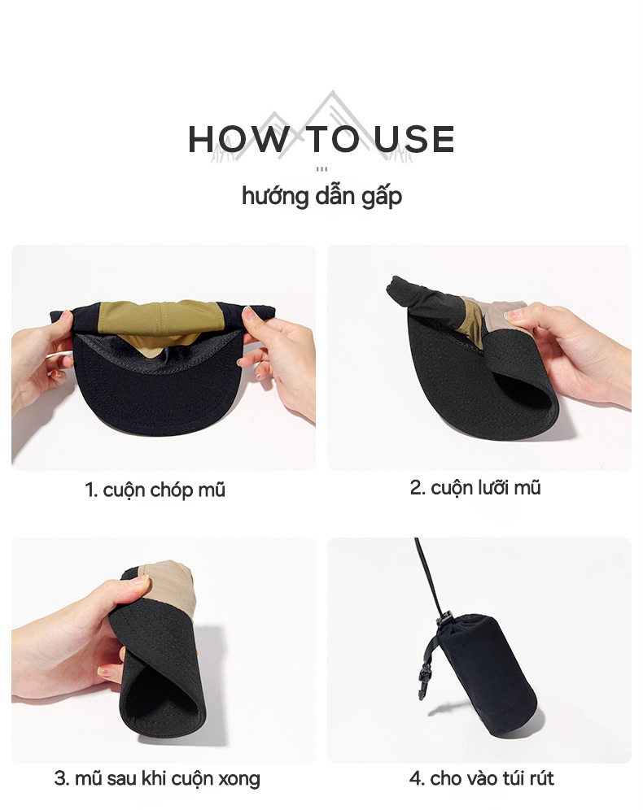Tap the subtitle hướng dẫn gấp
coord(321,196)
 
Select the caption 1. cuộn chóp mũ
coord(155,490)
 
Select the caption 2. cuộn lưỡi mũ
coord(475,488)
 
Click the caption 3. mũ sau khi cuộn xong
coord(157,778)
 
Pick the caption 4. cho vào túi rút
coord(481,778)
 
